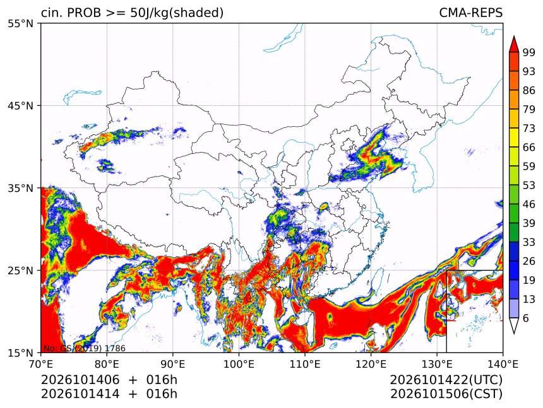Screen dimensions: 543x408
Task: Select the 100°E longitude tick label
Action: pyautogui.click(x=239, y=364)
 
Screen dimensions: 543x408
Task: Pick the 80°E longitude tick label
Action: pyautogui.click(x=107, y=364)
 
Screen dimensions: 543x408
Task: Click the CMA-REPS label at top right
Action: pyautogui.click(x=470, y=13)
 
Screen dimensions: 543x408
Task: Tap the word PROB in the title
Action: pyautogui.click(x=84, y=13)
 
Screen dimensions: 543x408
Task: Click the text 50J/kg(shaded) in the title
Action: pyautogui.click(x=177, y=13)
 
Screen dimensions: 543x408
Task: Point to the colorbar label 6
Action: pyautogui.click(x=526, y=318)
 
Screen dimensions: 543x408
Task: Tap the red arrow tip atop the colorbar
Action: pyautogui.click(x=514, y=36)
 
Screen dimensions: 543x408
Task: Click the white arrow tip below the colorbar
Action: pyautogui.click(x=514, y=334)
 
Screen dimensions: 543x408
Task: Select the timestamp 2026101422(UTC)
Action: pyautogui.click(x=446, y=380)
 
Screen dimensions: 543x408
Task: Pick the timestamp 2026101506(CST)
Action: pyautogui.click(x=446, y=394)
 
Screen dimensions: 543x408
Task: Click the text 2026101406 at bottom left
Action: pyautogui.click(x=80, y=380)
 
